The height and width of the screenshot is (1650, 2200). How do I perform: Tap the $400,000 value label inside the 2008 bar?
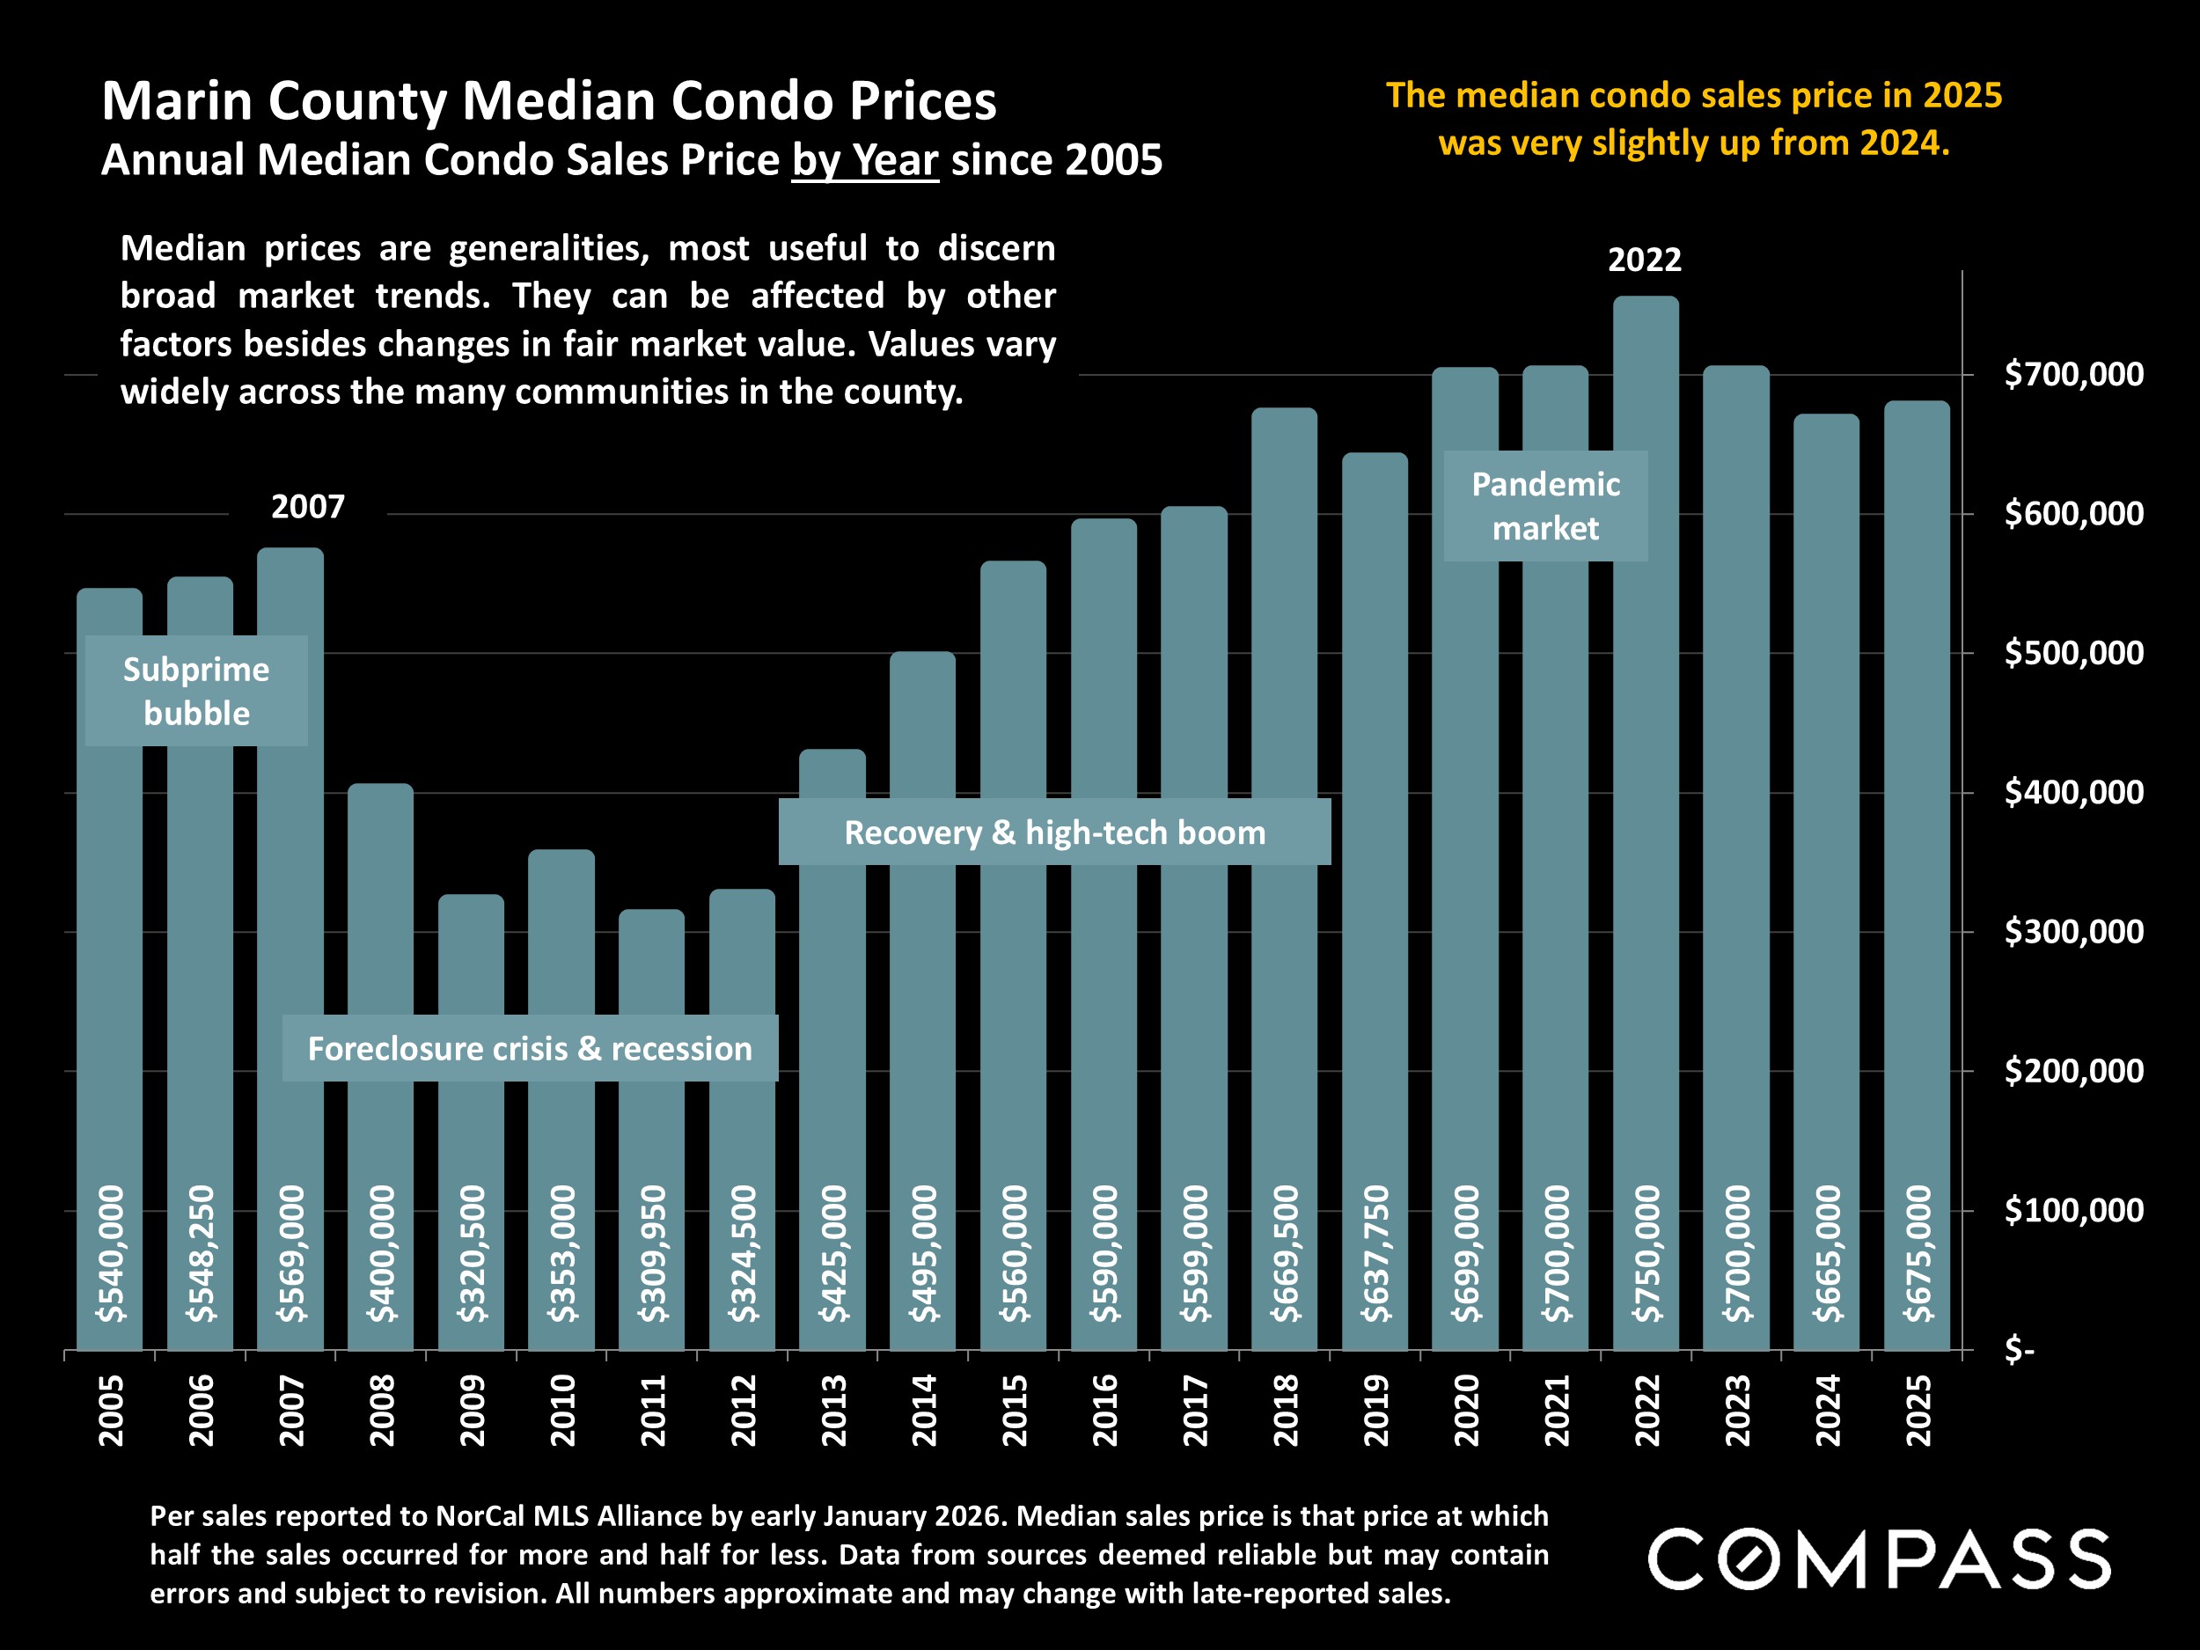point(381,1253)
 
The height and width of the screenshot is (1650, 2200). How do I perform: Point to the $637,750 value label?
point(1375,1253)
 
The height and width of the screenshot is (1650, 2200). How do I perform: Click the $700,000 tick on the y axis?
point(2073,374)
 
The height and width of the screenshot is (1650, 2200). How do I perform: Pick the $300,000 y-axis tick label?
point(2073,932)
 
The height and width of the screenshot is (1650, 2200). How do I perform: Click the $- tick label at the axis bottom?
point(2020,1351)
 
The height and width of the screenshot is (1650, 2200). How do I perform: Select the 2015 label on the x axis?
point(1014,1411)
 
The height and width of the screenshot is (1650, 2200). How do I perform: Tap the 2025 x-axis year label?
point(1918,1411)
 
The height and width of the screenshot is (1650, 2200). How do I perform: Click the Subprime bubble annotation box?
point(196,690)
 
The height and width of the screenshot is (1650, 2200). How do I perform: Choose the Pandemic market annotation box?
point(1545,505)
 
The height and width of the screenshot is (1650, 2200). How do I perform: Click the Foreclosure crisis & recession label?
point(529,1048)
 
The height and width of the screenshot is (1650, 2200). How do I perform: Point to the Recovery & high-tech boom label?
point(1054,832)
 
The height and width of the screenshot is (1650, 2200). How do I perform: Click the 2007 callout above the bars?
point(307,507)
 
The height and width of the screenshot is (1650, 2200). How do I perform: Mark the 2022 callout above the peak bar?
point(1644,260)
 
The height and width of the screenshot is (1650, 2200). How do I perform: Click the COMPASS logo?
point(1879,1558)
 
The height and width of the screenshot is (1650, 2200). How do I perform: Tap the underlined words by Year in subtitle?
point(864,160)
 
